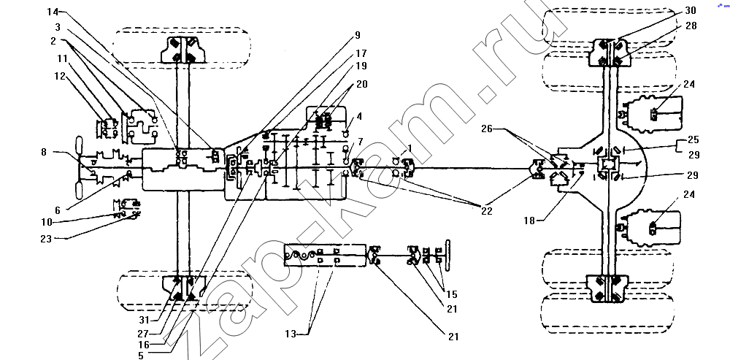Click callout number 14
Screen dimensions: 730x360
click(x=53, y=12)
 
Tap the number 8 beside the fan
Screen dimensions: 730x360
click(x=44, y=151)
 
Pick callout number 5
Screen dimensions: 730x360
click(x=141, y=356)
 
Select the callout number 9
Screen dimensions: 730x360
click(x=358, y=35)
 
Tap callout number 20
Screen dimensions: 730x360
click(x=362, y=84)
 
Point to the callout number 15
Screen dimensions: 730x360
click(x=451, y=294)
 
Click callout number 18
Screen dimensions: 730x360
click(x=529, y=221)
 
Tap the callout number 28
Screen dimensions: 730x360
click(x=691, y=26)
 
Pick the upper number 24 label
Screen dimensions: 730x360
click(x=689, y=84)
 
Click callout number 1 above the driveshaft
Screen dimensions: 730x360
click(x=410, y=148)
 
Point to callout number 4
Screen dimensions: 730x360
click(x=359, y=116)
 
